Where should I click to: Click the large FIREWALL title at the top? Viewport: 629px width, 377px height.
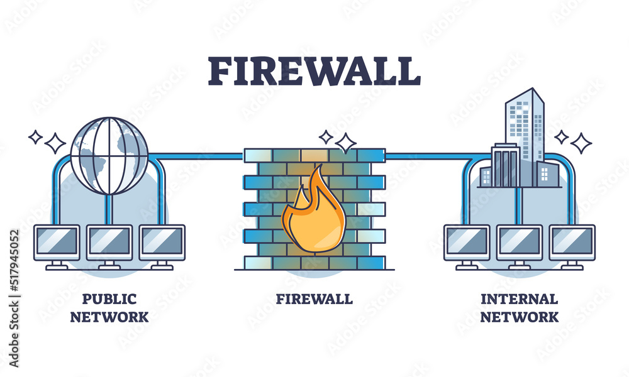pos(314,71)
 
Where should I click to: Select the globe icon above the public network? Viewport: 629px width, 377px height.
pos(109,156)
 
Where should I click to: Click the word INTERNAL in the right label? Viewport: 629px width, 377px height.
pos(519,299)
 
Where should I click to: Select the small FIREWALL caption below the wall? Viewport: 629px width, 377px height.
pos(314,299)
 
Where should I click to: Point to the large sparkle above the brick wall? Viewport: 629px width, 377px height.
pos(345,143)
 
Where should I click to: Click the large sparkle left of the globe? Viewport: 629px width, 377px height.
pos(55,143)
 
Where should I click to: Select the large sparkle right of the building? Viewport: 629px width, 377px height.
pos(581,143)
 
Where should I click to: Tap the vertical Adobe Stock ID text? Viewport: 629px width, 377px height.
pos(14,298)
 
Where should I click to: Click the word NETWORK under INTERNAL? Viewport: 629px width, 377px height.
pos(519,317)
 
